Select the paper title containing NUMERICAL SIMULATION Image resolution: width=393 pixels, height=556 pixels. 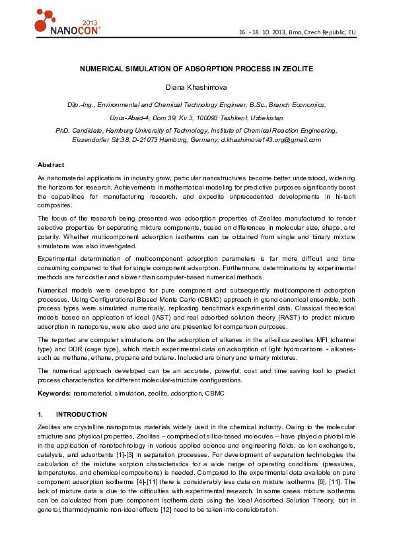(196, 69)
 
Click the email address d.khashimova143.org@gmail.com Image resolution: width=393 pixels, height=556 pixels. (271, 139)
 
